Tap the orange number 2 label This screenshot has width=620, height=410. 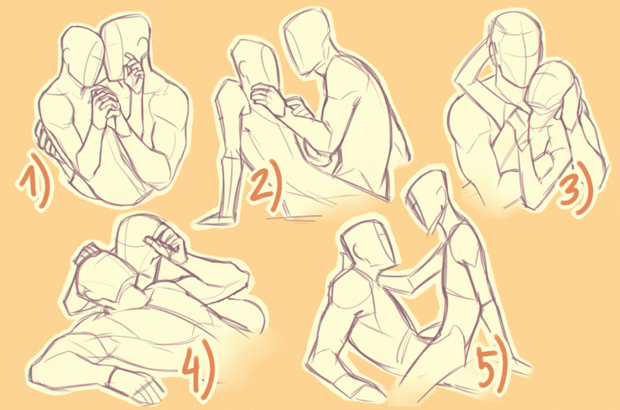tap(263, 189)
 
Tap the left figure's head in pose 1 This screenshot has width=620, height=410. tap(84, 57)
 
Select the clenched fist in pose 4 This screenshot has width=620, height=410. tap(168, 244)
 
